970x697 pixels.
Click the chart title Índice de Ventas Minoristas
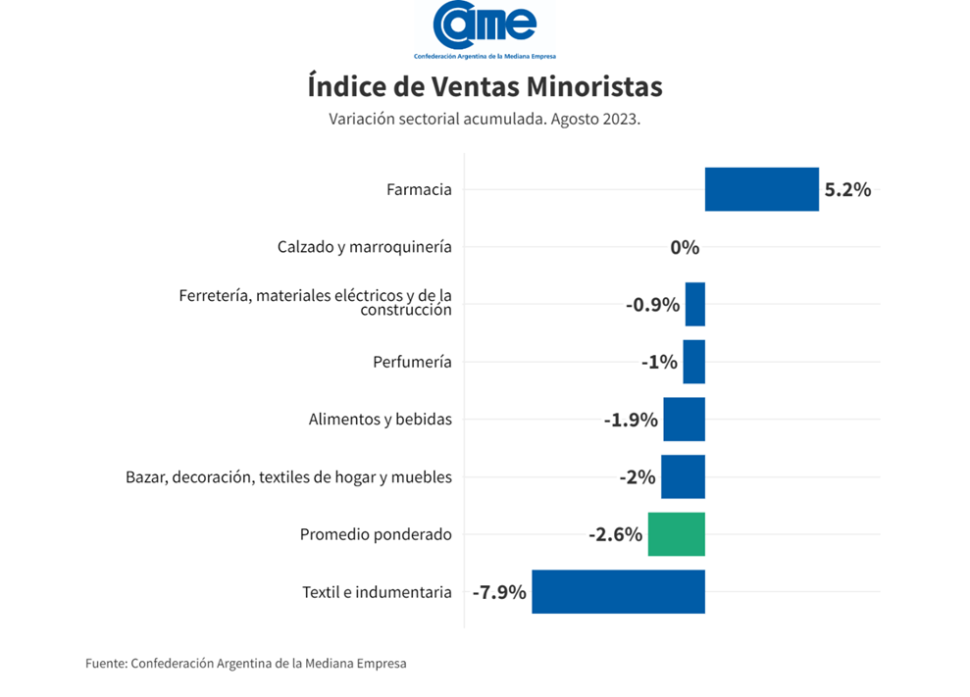(x=485, y=87)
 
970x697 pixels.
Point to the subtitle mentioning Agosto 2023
(x=485, y=119)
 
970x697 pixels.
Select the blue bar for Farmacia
(x=761, y=189)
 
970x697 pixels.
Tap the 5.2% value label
(x=847, y=190)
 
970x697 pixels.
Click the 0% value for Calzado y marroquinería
(x=685, y=247)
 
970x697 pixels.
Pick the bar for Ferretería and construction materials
(x=694, y=304)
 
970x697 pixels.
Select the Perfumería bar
(x=693, y=362)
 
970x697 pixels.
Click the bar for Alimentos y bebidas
(x=684, y=420)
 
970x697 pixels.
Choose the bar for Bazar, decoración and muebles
(x=683, y=477)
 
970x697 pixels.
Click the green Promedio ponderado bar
(x=676, y=534)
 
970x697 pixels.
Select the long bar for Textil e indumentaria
(x=618, y=592)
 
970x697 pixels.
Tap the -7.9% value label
(x=499, y=592)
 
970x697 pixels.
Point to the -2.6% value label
(x=615, y=535)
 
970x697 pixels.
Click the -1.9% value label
(x=630, y=421)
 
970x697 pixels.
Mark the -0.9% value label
(x=652, y=305)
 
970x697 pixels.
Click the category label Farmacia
(x=419, y=189)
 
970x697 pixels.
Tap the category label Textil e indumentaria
(x=377, y=592)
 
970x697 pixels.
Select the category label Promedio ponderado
(x=376, y=535)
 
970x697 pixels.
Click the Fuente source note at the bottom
(x=245, y=664)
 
